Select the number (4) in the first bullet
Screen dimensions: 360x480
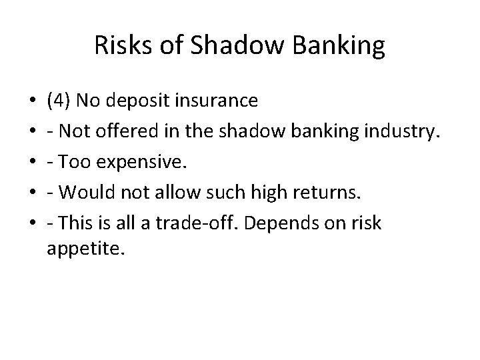pyautogui.click(x=59, y=101)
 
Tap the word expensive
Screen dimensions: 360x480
pyautogui.click(x=129, y=162)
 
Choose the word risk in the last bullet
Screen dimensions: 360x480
pyautogui.click(x=367, y=223)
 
